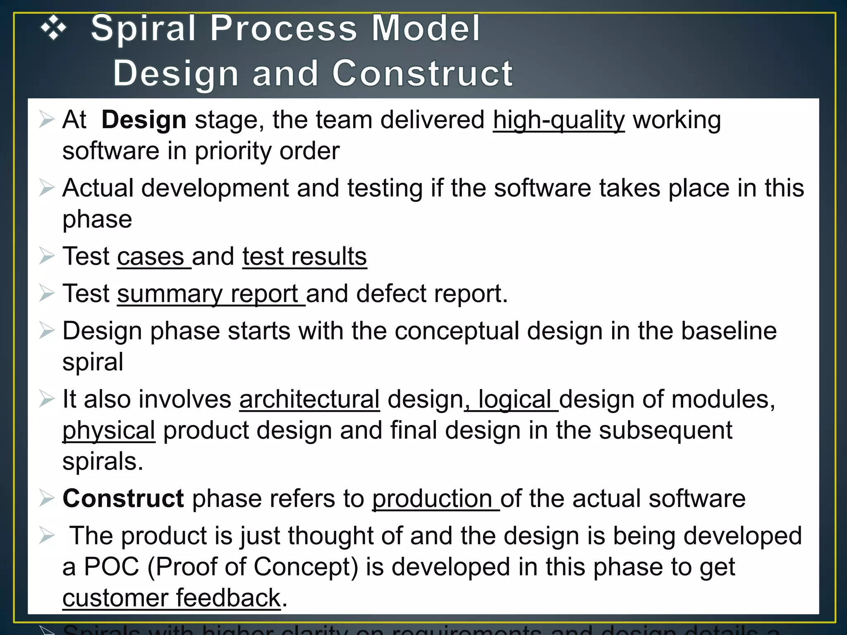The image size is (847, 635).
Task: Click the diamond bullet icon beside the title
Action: [x=53, y=29]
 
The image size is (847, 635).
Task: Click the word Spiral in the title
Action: [x=143, y=29]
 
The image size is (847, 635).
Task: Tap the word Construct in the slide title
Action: [x=422, y=74]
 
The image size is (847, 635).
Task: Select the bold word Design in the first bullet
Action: [x=144, y=120]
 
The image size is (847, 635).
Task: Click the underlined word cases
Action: [x=151, y=257]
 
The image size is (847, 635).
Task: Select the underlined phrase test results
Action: [x=304, y=257]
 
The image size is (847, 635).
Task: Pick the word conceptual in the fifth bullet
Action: [x=457, y=332]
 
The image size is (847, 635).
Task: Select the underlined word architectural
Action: [x=309, y=400]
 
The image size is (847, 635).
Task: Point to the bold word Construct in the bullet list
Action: [x=123, y=499]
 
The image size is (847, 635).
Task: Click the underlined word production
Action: [x=432, y=499]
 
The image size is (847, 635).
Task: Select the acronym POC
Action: [x=112, y=567]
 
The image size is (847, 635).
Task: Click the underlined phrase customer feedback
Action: [x=172, y=598]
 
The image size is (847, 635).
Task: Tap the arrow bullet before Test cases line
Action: [x=47, y=257]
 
